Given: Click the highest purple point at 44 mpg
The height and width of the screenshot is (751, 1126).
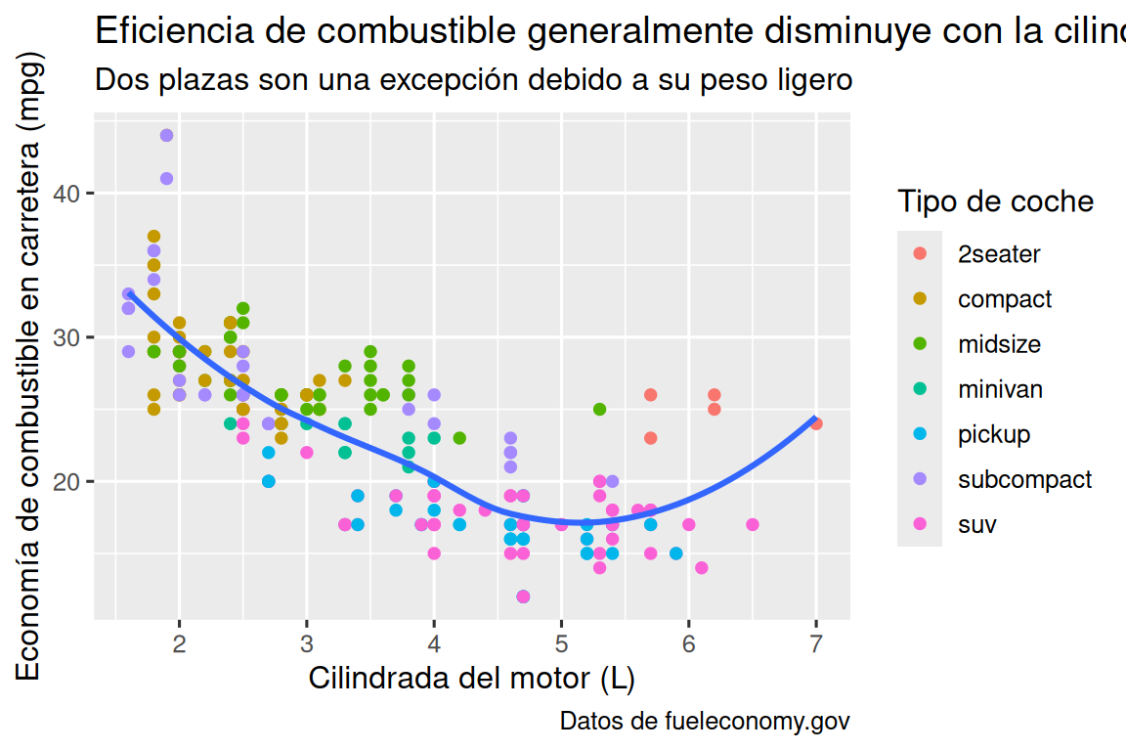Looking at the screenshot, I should (166, 135).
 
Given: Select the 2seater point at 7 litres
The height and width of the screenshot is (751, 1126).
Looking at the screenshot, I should (816, 423).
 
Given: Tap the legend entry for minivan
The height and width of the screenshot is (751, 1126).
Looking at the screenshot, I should (999, 389).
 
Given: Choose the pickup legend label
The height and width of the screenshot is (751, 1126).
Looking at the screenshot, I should (993, 434).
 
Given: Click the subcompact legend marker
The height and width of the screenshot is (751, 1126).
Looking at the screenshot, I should (920, 479).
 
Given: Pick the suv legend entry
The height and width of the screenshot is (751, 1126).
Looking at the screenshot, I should (976, 524).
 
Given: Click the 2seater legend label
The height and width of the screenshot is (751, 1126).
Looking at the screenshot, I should (999, 254).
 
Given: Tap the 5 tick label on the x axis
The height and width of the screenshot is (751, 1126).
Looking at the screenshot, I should (561, 643).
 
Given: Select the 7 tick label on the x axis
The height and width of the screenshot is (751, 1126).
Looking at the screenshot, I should (816, 643).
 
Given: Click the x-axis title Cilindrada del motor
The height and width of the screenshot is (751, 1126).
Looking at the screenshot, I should (472, 678).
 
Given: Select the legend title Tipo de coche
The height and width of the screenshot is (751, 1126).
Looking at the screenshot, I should (995, 201).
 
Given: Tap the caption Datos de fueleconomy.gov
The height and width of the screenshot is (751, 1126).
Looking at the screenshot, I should (704, 722).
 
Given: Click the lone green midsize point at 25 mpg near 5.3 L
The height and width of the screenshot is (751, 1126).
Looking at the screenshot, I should (599, 409).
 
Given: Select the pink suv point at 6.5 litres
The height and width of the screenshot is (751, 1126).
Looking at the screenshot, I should (753, 524).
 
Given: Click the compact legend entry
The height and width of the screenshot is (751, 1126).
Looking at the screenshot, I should (1004, 299).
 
